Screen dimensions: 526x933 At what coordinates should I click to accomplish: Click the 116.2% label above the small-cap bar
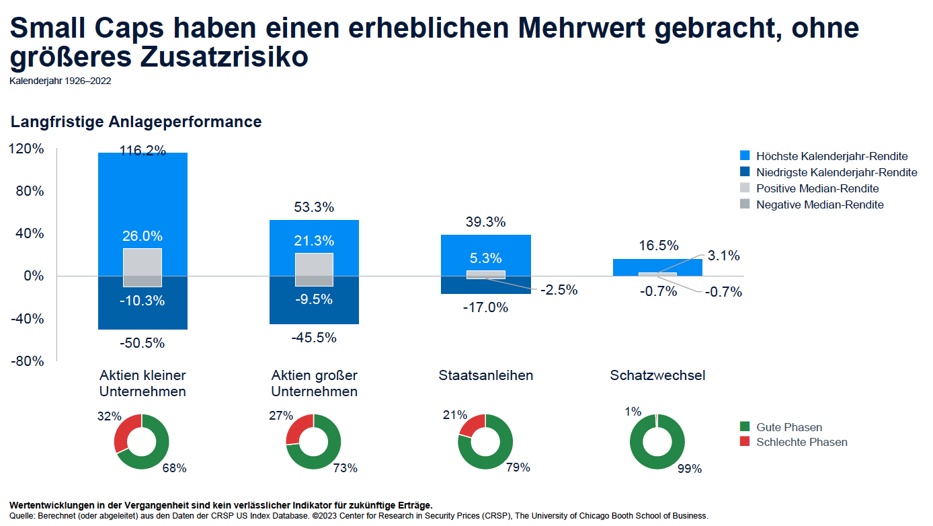tap(143, 151)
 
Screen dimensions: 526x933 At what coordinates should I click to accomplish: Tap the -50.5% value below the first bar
tap(142, 343)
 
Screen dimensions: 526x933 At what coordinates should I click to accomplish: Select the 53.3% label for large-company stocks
tap(313, 208)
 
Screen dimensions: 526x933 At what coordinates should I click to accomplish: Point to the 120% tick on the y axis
tap(28, 149)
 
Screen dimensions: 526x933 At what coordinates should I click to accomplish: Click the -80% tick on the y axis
tap(28, 361)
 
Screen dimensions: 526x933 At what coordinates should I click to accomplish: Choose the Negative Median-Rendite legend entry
tap(819, 204)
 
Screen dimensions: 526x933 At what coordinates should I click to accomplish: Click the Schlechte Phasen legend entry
tap(801, 442)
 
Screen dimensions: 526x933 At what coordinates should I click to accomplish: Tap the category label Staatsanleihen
tap(485, 375)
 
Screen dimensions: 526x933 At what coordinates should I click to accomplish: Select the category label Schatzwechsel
tap(657, 375)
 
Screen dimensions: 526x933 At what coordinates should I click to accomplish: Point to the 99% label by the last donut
tap(689, 469)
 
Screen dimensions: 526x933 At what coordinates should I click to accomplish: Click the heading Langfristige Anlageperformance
tap(136, 122)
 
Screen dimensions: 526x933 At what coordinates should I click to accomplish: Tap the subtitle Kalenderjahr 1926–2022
tap(60, 81)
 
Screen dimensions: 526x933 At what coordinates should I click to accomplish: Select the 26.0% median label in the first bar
tap(142, 236)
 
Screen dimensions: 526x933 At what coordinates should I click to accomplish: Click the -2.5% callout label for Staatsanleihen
tap(557, 291)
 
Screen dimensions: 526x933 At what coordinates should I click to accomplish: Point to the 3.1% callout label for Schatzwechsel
tap(723, 256)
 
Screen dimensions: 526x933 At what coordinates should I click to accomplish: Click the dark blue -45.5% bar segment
tap(313, 311)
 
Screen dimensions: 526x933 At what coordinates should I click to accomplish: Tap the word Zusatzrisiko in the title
tap(225, 57)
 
